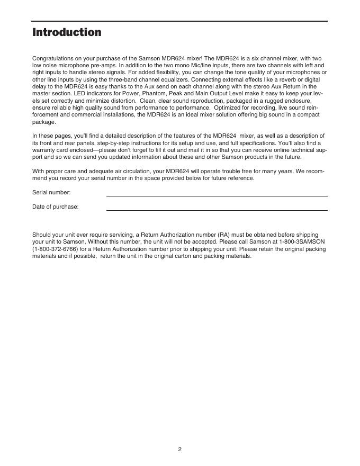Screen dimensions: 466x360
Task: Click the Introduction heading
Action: tap(67, 32)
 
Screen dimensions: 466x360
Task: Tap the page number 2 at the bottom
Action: tap(179, 449)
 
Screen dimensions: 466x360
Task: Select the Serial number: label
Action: tap(51, 193)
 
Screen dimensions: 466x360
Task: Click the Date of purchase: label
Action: tap(56, 207)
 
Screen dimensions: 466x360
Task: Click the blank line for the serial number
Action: tap(217, 195)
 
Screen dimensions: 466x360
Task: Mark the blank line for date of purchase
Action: tap(217, 210)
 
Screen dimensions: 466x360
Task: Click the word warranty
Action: tap(43, 150)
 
